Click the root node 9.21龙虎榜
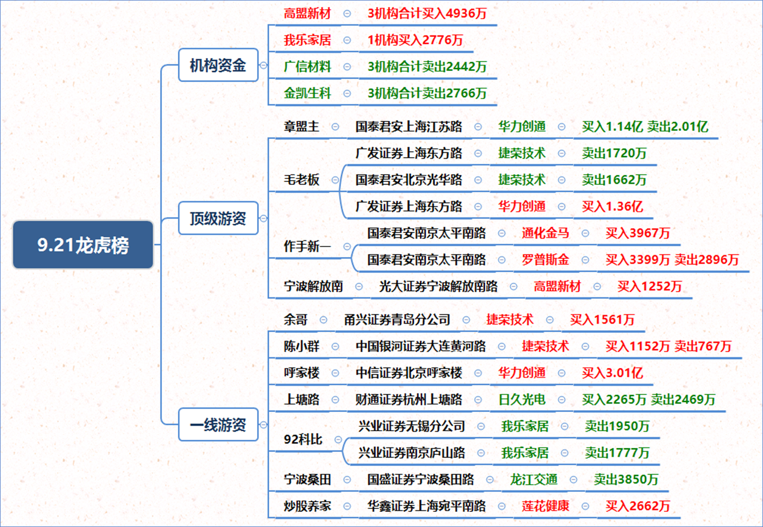click(83, 245)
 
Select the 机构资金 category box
click(218, 65)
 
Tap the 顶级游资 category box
click(218, 218)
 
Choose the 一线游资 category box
click(218, 425)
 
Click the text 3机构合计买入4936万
click(427, 14)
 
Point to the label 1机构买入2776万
click(415, 40)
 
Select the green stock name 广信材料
click(307, 67)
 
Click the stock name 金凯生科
click(307, 93)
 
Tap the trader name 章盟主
click(301, 126)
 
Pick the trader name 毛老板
click(301, 180)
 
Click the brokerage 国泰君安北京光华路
click(409, 180)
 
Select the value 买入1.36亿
click(612, 206)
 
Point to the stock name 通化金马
click(545, 233)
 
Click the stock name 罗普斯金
click(545, 260)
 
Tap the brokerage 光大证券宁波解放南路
click(438, 286)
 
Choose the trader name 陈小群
click(301, 346)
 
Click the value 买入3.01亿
click(612, 373)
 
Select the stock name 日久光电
click(522, 400)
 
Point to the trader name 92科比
click(303, 439)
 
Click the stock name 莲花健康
click(545, 506)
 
